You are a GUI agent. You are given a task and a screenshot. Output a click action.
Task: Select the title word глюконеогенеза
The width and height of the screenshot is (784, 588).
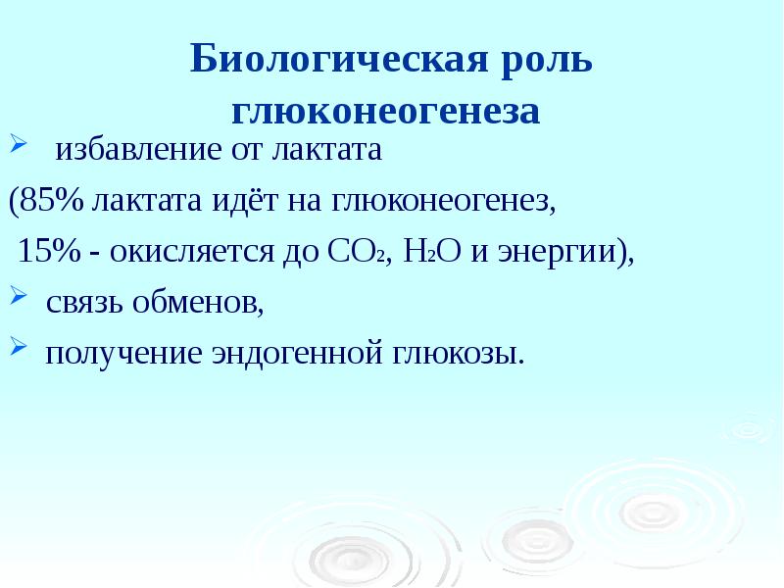385,111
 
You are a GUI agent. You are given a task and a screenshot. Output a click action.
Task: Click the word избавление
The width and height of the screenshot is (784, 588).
126,151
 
